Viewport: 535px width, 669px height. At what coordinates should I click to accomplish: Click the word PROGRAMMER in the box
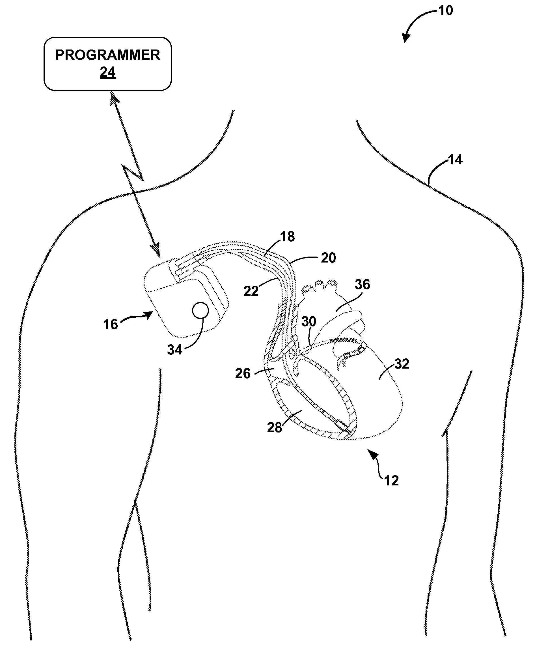pyautogui.click(x=108, y=55)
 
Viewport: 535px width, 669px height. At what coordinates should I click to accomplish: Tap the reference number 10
pyautogui.click(x=446, y=11)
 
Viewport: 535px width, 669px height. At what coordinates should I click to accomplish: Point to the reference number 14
pyautogui.click(x=455, y=160)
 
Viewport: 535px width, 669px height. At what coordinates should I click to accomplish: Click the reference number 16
pyautogui.click(x=110, y=324)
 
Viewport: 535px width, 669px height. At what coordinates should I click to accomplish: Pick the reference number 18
pyautogui.click(x=287, y=237)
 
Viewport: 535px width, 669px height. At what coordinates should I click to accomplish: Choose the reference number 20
pyautogui.click(x=328, y=258)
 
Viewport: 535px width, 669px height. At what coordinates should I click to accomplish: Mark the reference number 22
pyautogui.click(x=251, y=291)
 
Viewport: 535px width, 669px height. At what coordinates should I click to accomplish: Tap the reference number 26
pyautogui.click(x=243, y=374)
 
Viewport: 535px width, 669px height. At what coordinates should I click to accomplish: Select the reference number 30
pyautogui.click(x=309, y=321)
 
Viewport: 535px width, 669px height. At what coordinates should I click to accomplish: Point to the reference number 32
pyautogui.click(x=402, y=364)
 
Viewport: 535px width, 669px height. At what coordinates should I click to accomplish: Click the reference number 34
pyautogui.click(x=175, y=350)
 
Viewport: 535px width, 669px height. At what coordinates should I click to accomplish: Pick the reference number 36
pyautogui.click(x=362, y=284)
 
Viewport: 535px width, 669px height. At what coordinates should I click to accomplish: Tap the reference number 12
pyautogui.click(x=391, y=481)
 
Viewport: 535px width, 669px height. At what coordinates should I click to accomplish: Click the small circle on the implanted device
pyautogui.click(x=200, y=310)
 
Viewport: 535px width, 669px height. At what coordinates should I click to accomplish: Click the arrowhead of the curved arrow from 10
pyautogui.click(x=405, y=38)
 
